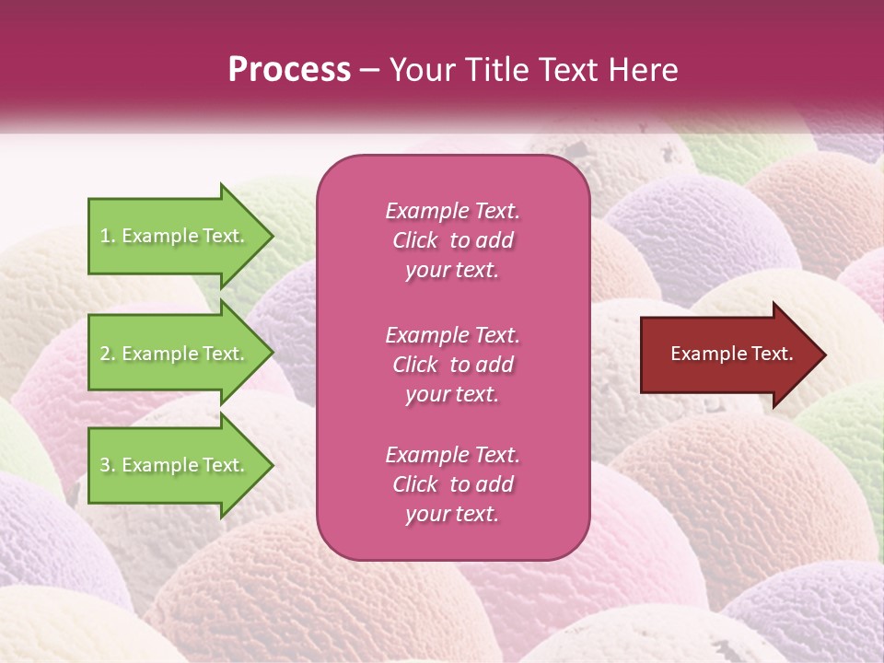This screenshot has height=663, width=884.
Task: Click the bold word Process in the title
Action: [x=289, y=69]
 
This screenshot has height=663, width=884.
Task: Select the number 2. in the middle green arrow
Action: [x=108, y=354]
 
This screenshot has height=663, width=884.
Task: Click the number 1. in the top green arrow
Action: [x=108, y=236]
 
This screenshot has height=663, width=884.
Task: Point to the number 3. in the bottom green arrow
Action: [x=108, y=465]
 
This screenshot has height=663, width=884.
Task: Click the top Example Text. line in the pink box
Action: [x=452, y=211]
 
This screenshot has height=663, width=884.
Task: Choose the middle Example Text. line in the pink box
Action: [x=452, y=334]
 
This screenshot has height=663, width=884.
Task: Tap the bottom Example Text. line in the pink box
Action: [x=452, y=455]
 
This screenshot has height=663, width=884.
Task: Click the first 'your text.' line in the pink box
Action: [x=452, y=270]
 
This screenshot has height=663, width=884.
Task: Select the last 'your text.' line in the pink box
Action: [x=452, y=514]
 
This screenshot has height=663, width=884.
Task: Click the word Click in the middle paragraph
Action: [x=414, y=365]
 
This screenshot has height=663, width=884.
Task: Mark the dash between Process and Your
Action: [x=370, y=70]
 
